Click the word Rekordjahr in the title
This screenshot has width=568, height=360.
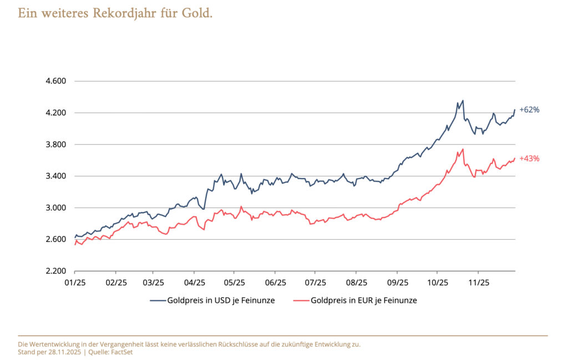click(119, 13)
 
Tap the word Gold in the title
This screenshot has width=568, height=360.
click(196, 13)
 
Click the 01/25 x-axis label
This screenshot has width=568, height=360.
click(75, 282)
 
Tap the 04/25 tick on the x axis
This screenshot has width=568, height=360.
click(194, 282)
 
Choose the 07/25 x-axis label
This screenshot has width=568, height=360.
click(315, 282)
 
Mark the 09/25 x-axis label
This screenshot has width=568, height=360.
click(397, 282)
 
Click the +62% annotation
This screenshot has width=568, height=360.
click(529, 110)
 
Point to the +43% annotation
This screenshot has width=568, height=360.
click(529, 159)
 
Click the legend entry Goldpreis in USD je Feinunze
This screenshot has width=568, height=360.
click(221, 300)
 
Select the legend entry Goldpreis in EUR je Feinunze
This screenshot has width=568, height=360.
click(364, 300)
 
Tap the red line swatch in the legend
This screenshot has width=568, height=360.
click(301, 301)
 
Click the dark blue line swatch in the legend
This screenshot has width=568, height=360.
click(158, 301)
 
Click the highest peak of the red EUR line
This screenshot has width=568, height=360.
click(463, 149)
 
